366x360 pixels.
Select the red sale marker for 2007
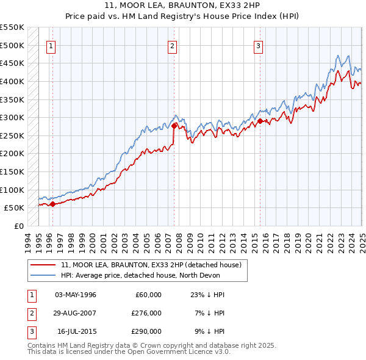click(174, 126)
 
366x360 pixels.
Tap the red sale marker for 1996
click(52, 204)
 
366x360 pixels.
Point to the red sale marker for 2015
click(260, 121)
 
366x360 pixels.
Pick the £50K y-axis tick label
click(15, 208)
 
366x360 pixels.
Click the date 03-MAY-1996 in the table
click(76, 295)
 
